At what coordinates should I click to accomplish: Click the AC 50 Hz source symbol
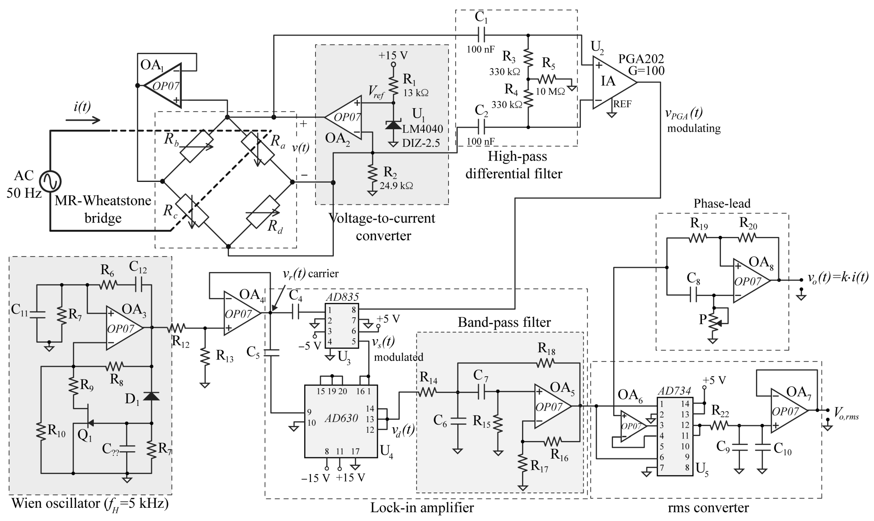tap(50, 181)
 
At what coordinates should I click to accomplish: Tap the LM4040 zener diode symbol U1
tap(393, 125)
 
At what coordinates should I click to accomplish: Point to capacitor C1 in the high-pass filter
tap(481, 35)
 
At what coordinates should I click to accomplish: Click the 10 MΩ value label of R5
tap(550, 92)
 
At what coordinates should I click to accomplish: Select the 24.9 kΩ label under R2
tap(396, 186)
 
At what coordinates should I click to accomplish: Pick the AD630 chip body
tap(341, 421)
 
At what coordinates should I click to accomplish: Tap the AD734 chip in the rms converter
tap(674, 436)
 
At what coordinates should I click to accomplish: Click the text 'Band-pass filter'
tap(504, 322)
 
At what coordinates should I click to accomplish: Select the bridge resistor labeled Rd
tap(263, 212)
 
